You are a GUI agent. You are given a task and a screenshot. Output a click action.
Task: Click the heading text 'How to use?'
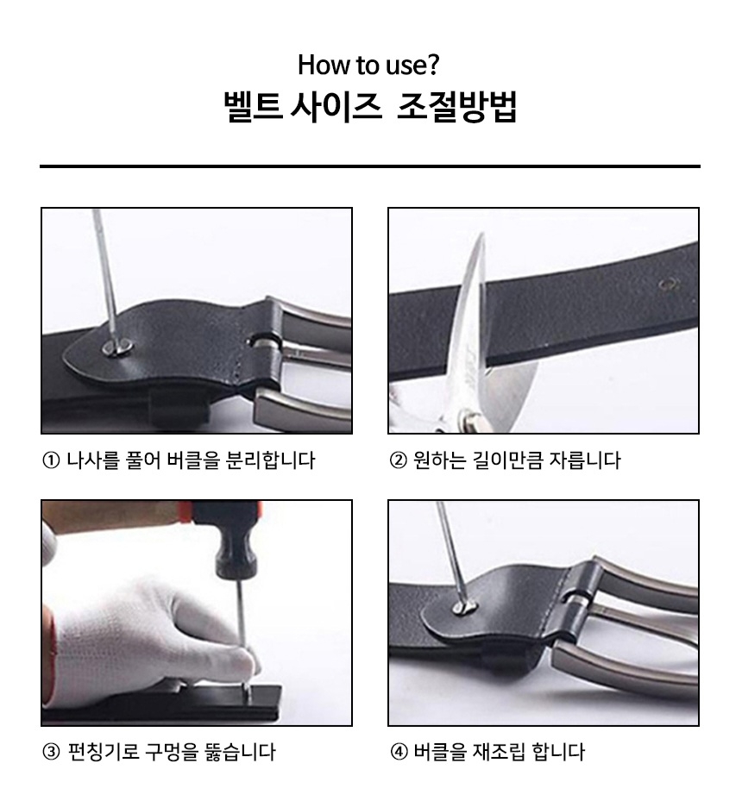coord(368,65)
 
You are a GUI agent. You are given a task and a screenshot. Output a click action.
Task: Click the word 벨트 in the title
coord(253,107)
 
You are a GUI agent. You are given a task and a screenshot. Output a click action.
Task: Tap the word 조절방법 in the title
coord(457,107)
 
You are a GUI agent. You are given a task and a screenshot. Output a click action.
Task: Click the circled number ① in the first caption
coord(51,460)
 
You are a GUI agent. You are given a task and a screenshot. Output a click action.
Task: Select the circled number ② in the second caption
coord(398,460)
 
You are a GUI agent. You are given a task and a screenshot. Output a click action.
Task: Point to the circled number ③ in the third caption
coord(51,753)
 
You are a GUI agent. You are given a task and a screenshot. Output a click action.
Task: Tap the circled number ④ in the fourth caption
coord(398,753)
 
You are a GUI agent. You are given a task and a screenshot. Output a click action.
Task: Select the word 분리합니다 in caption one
coord(270,460)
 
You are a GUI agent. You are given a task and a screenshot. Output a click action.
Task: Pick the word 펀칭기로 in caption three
coord(104,752)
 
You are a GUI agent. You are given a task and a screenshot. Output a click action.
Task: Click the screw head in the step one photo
coord(118,347)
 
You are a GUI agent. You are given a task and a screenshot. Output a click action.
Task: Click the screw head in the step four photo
coord(464,607)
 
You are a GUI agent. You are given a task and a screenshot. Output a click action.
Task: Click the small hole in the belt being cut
coord(668,285)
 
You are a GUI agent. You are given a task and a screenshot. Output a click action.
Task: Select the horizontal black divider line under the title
coord(370,166)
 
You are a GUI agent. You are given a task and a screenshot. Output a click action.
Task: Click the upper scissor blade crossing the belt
coord(468,306)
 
